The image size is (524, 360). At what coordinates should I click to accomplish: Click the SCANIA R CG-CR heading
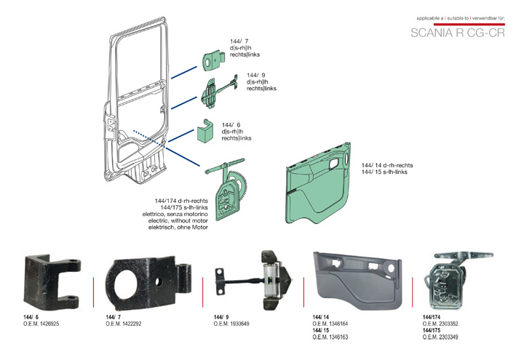pos(457,33)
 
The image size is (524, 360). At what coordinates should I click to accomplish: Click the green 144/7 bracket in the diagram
pos(211,63)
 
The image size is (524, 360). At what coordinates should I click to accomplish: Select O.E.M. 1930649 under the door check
pos(231,324)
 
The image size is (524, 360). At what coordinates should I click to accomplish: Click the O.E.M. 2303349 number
pos(440,337)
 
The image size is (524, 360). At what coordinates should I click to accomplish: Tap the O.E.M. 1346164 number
pos(330,324)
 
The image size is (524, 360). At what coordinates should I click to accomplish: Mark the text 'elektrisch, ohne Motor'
pos(178,228)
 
